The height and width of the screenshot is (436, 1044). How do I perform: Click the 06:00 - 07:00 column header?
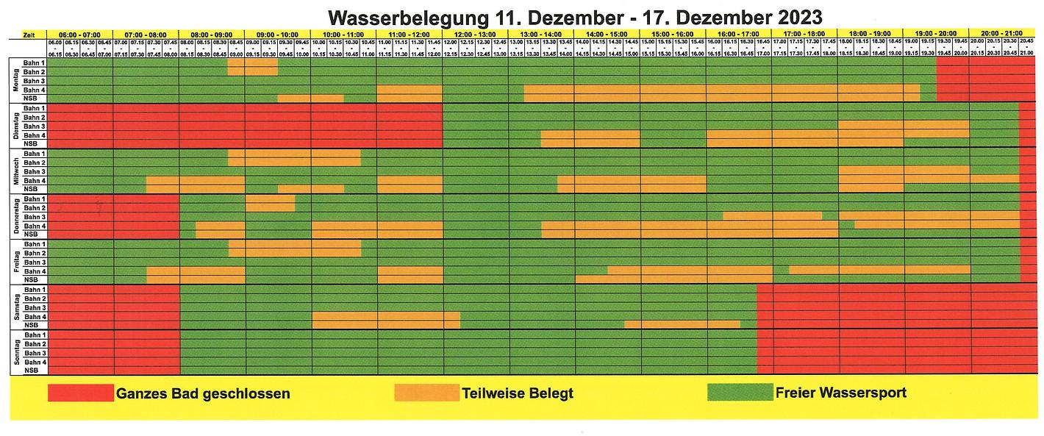[x=79, y=35]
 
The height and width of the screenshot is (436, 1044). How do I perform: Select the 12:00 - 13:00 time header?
[x=475, y=35]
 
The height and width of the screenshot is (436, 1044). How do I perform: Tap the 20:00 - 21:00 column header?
[x=1002, y=35]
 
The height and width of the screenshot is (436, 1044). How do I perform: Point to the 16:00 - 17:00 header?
[x=739, y=35]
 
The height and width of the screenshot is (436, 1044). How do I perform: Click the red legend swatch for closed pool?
[x=81, y=393]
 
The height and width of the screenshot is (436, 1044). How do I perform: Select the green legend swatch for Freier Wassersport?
[x=740, y=393]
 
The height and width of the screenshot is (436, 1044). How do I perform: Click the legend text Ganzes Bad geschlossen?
[x=203, y=393]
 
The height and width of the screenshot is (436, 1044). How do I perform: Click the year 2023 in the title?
[x=794, y=16]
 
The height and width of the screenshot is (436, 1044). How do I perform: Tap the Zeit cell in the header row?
[x=28, y=35]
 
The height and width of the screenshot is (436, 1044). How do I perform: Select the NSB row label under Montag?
[x=31, y=99]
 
